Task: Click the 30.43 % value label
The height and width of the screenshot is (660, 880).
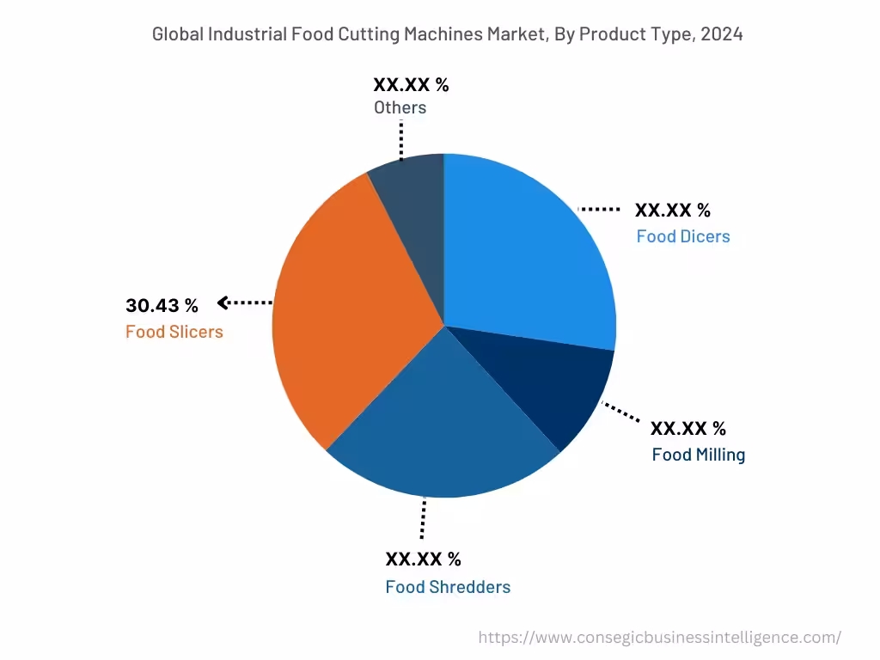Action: [x=162, y=305]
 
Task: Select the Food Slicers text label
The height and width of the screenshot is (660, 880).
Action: [x=174, y=332]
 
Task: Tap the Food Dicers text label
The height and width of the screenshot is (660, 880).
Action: [x=683, y=236]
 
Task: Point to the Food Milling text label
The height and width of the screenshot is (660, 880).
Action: [x=698, y=455]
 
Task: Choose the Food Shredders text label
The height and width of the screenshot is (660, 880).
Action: [x=448, y=587]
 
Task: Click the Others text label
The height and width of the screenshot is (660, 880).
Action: [x=400, y=107]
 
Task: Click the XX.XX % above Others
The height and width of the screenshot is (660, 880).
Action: [x=411, y=84]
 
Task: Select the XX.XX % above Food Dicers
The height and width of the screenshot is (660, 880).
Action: [x=673, y=211]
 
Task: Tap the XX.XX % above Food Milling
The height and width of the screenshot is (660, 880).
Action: [x=688, y=428]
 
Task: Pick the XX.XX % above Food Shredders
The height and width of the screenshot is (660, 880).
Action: [x=423, y=559]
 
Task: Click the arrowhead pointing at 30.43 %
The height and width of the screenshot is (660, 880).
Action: [x=223, y=302]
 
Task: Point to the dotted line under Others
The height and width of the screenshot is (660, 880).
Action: [x=401, y=139]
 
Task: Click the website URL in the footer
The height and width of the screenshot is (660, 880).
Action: [x=659, y=638]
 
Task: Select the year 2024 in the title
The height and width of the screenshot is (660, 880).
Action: [x=723, y=34]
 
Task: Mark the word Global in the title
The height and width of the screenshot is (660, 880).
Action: [x=177, y=34]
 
